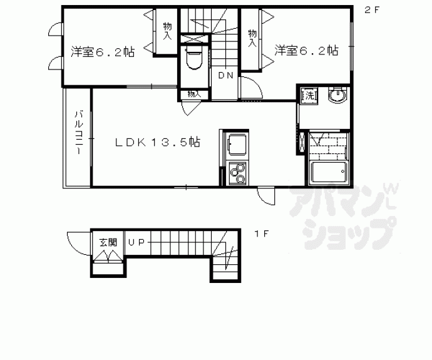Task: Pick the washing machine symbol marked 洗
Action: click(x=309, y=96)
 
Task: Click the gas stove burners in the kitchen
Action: click(x=237, y=173)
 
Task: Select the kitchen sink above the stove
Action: click(x=237, y=147)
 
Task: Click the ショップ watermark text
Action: click(x=347, y=230)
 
